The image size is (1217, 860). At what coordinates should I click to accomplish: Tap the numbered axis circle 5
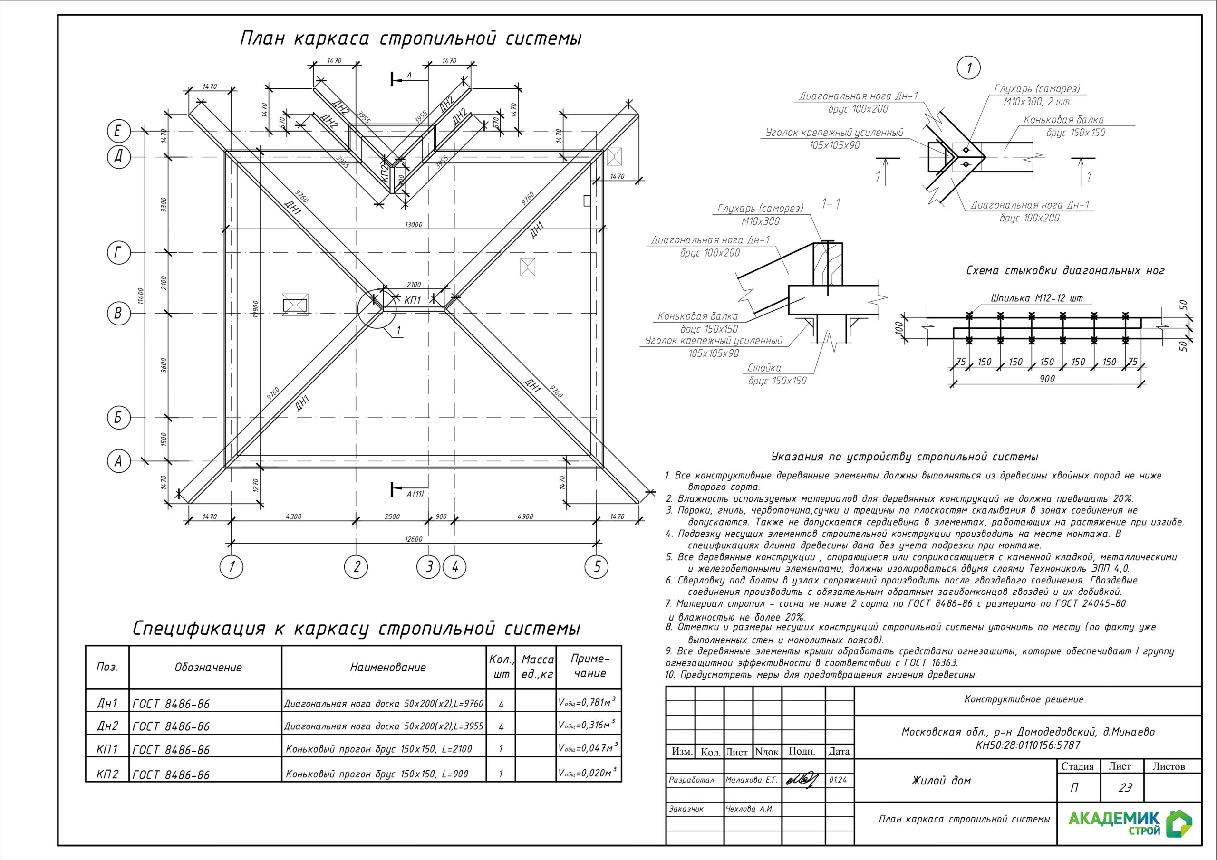coord(597,567)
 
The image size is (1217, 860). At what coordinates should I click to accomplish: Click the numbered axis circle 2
coord(356,567)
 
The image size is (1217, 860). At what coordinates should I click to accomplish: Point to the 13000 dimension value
coord(414,225)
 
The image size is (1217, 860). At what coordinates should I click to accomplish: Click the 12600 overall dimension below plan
coord(414,539)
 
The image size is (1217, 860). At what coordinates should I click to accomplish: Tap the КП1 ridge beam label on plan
coord(412,301)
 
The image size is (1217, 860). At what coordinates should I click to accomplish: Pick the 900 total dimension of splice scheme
coord(1047,379)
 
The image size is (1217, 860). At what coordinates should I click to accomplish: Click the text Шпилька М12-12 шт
coord(1037,298)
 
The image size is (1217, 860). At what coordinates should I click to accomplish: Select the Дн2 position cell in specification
coord(107,726)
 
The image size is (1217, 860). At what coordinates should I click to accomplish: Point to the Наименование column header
coord(387,668)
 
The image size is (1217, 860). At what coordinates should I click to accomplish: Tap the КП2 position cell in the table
coord(107,774)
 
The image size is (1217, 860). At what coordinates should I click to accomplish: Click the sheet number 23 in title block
coord(1125,788)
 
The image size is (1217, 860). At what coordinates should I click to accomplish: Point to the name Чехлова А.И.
coord(750,809)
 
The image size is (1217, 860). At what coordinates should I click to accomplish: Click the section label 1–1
coord(831,203)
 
